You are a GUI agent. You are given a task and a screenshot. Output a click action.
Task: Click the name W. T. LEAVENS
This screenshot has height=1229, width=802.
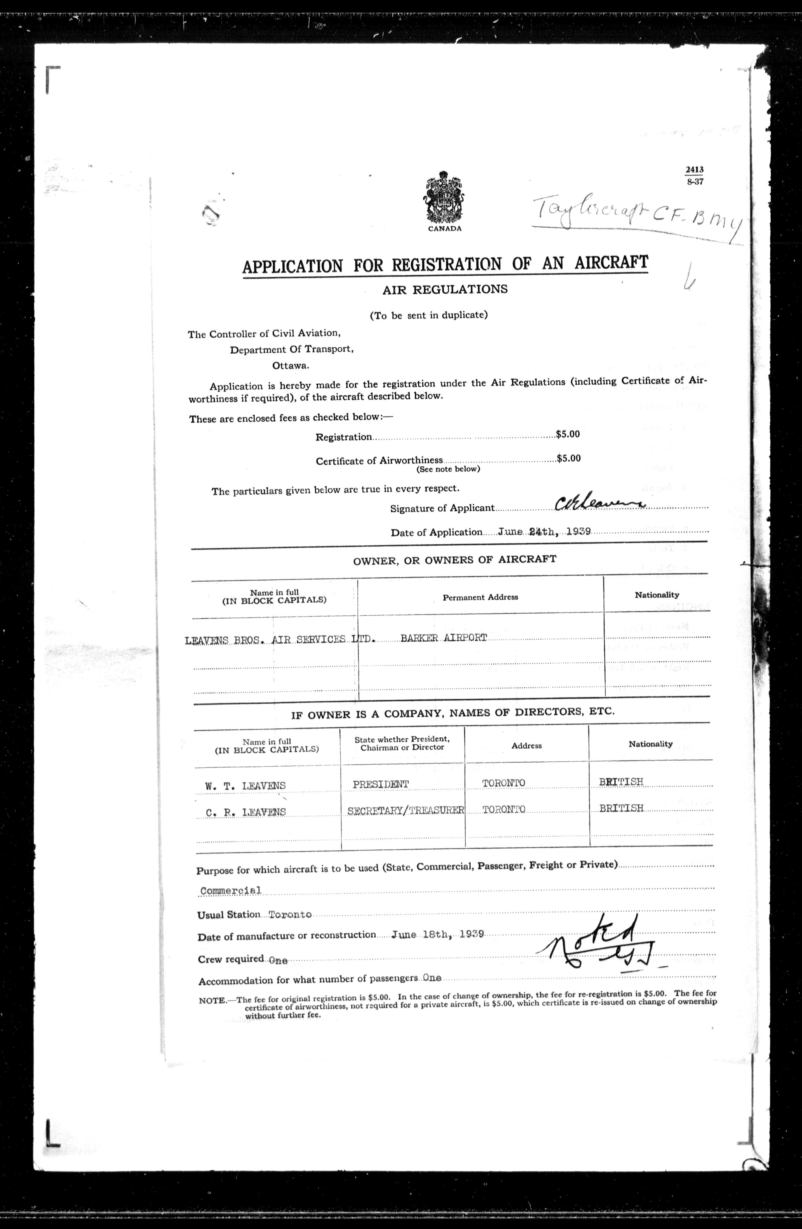point(245,786)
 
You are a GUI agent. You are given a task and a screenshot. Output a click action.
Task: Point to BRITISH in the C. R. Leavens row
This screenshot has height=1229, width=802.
point(621,808)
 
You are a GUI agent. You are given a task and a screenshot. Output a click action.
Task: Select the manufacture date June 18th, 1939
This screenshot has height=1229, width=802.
point(437,934)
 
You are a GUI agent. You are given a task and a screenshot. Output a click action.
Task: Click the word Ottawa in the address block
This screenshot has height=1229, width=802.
point(290,366)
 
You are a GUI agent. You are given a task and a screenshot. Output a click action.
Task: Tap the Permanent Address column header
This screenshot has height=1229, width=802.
point(480,597)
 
